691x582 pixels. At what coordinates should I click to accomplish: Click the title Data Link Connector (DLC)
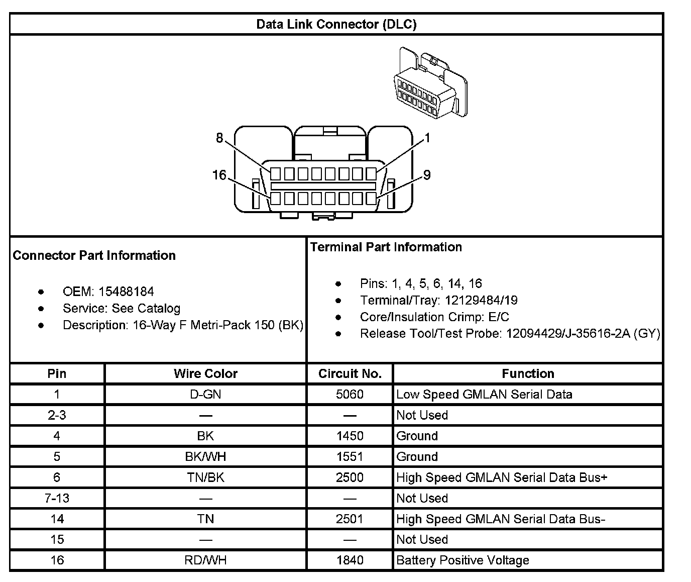336,24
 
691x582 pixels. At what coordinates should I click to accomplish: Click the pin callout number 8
219,138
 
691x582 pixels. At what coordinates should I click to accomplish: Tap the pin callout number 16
219,175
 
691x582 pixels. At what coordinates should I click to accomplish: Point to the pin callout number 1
427,138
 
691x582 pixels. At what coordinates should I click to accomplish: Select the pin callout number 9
427,175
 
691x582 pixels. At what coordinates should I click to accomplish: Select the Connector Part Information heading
94,255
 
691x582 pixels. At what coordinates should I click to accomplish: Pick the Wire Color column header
205,373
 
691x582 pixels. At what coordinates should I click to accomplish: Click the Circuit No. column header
350,373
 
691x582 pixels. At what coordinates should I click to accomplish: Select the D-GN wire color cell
205,395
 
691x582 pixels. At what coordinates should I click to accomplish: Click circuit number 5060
350,395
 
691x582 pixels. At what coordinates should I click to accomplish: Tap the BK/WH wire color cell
205,457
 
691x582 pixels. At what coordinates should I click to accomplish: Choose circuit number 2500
350,477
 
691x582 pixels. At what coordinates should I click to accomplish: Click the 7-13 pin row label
57,498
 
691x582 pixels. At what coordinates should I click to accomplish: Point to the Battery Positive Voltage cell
463,560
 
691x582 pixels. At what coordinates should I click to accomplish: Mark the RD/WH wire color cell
205,560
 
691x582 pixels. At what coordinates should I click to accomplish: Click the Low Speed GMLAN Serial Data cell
484,395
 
